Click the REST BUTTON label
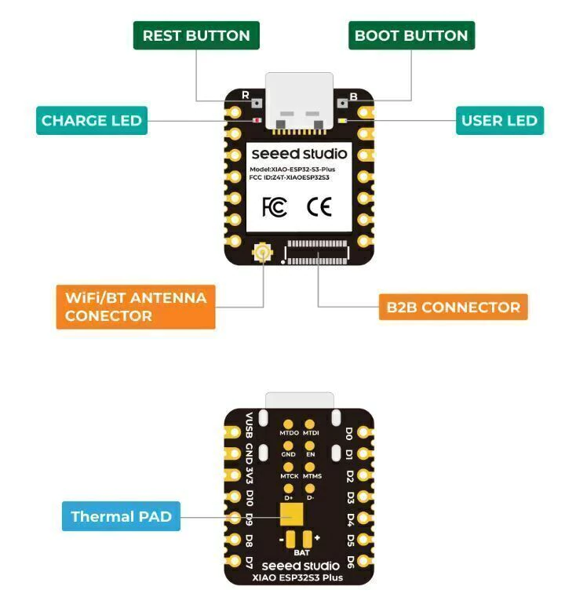(196, 35)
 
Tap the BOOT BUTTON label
(411, 35)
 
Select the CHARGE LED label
(92, 121)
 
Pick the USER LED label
(499, 121)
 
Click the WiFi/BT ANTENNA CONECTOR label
(136, 307)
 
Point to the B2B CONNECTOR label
(453, 307)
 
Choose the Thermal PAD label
(121, 516)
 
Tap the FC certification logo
(274, 207)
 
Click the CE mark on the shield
(319, 207)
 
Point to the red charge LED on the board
(256, 120)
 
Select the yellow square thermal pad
(291, 514)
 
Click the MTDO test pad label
(289, 433)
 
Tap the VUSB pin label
(250, 426)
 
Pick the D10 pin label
(250, 498)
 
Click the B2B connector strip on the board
(319, 253)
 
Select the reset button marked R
(254, 101)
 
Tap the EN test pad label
(311, 454)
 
